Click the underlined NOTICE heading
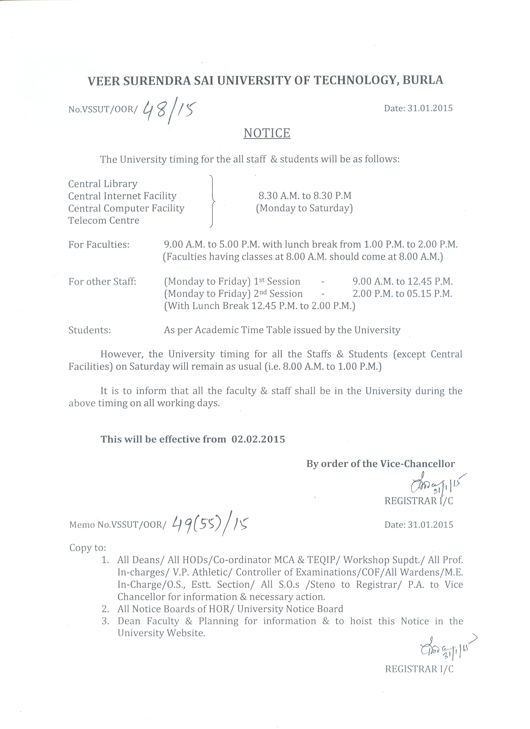(x=267, y=133)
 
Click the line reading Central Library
(x=103, y=184)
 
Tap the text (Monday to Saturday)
(x=304, y=208)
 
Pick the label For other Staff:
(x=102, y=282)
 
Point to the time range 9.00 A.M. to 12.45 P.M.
(x=403, y=282)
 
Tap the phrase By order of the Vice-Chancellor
(x=380, y=464)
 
